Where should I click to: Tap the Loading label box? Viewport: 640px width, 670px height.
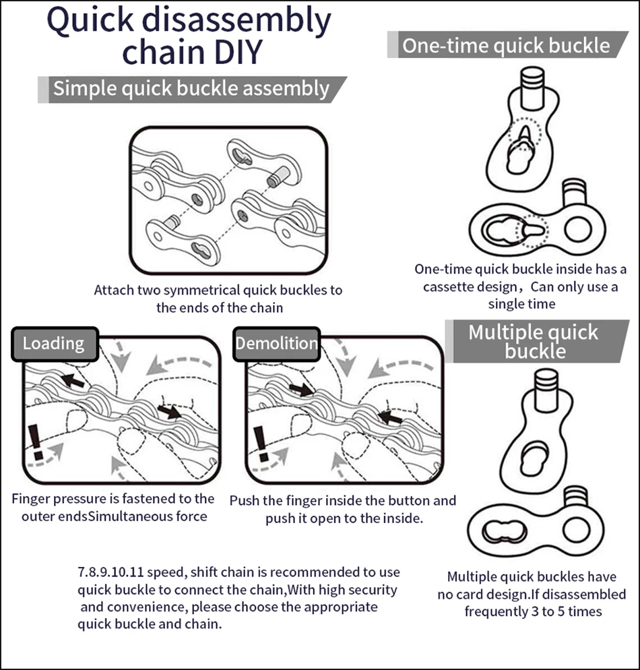[x=55, y=344]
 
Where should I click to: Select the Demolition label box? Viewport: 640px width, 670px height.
[x=276, y=344]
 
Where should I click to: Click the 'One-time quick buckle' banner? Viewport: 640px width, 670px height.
[x=507, y=45]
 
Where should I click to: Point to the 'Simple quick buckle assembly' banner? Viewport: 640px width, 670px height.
[x=192, y=89]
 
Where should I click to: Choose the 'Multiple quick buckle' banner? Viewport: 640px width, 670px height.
[x=536, y=342]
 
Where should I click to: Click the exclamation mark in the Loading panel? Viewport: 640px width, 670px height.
[x=35, y=442]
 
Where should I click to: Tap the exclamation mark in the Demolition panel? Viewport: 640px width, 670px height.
[x=261, y=444]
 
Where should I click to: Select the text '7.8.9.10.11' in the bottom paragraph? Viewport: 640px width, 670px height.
[x=110, y=572]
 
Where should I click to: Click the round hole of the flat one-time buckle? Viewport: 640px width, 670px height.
[x=578, y=229]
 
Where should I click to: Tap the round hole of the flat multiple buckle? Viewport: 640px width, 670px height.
[x=577, y=530]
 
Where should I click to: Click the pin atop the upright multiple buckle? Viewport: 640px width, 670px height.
[x=546, y=390]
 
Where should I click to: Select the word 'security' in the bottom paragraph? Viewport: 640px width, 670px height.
[x=370, y=590]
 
